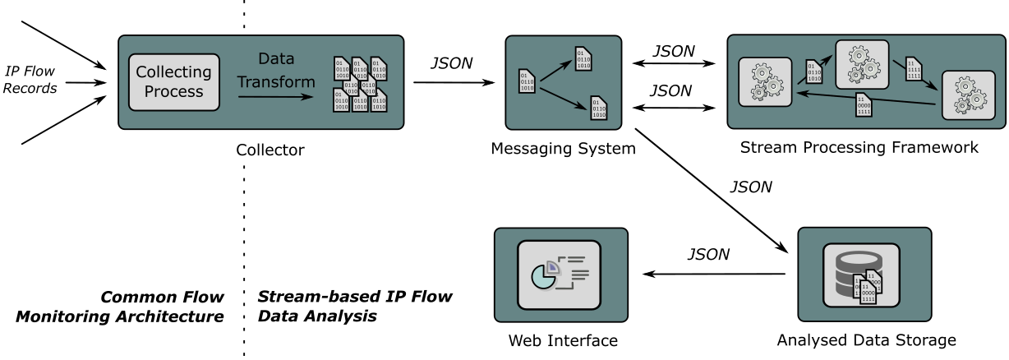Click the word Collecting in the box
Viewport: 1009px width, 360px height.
point(173,72)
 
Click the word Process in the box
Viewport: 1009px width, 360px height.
point(173,91)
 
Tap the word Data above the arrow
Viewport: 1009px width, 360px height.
point(276,59)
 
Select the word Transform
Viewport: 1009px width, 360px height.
point(276,82)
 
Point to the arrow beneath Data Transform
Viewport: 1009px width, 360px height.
point(276,97)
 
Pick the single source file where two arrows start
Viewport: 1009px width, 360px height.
point(527,81)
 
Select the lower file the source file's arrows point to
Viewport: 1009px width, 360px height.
point(599,108)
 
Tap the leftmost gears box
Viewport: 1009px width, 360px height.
point(765,81)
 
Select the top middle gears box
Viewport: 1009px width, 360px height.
point(862,64)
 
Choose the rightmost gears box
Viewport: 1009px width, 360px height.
point(968,95)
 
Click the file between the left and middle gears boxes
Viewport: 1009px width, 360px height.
point(813,72)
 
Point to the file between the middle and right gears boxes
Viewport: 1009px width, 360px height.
point(912,69)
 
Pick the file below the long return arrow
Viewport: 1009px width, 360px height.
point(864,105)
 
